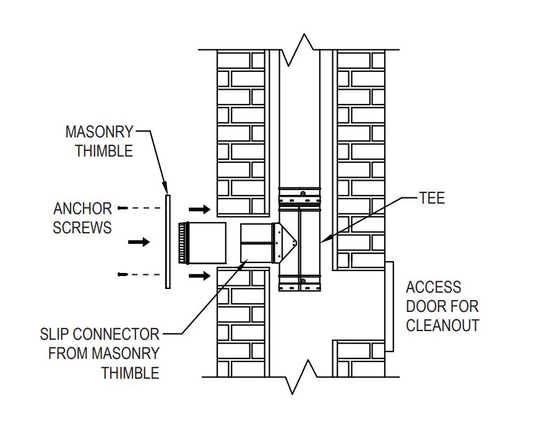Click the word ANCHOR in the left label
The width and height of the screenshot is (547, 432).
tap(82, 209)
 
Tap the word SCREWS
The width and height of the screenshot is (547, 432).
tap(82, 227)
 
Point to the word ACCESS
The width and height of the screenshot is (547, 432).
tap(433, 287)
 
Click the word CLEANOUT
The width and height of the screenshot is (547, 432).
tap(442, 326)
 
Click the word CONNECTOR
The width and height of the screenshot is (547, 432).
tap(116, 335)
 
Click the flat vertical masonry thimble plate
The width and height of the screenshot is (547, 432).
tap(167, 241)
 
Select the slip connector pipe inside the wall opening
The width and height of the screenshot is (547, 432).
tap(256, 242)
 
